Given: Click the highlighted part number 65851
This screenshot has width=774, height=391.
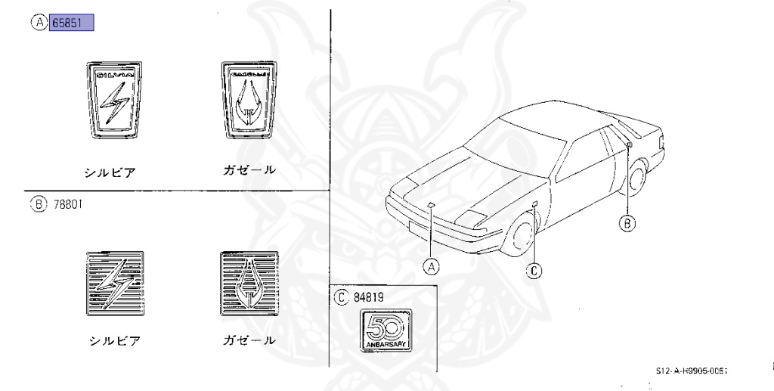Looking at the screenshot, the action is [71, 23].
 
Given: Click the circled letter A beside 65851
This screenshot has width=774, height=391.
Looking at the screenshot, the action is [38, 23].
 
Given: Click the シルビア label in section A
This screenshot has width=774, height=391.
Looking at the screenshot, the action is [110, 172].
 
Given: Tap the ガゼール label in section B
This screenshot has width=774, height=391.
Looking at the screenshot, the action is [249, 340].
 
